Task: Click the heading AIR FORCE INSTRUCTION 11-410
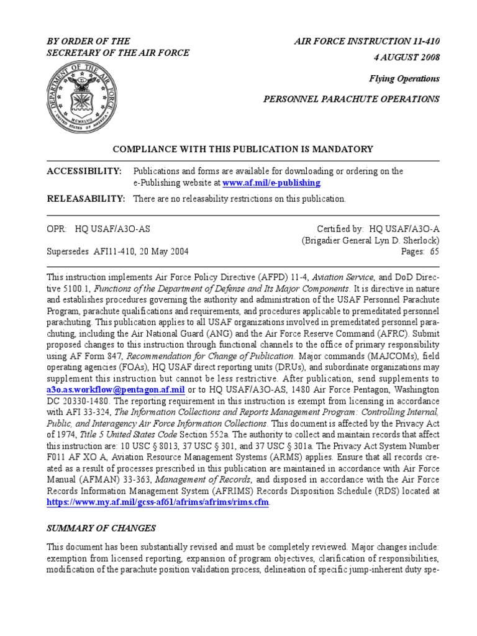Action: point(366,41)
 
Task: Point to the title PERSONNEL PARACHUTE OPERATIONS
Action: point(352,99)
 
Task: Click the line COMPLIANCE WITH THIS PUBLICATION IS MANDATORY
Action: point(243,149)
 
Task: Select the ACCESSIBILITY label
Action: point(84,171)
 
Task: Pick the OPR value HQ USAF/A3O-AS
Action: point(112,229)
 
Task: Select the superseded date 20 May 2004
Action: point(162,252)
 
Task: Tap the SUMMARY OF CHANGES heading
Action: point(102,528)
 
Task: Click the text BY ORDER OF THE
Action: point(86,41)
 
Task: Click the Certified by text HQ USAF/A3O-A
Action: point(404,229)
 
